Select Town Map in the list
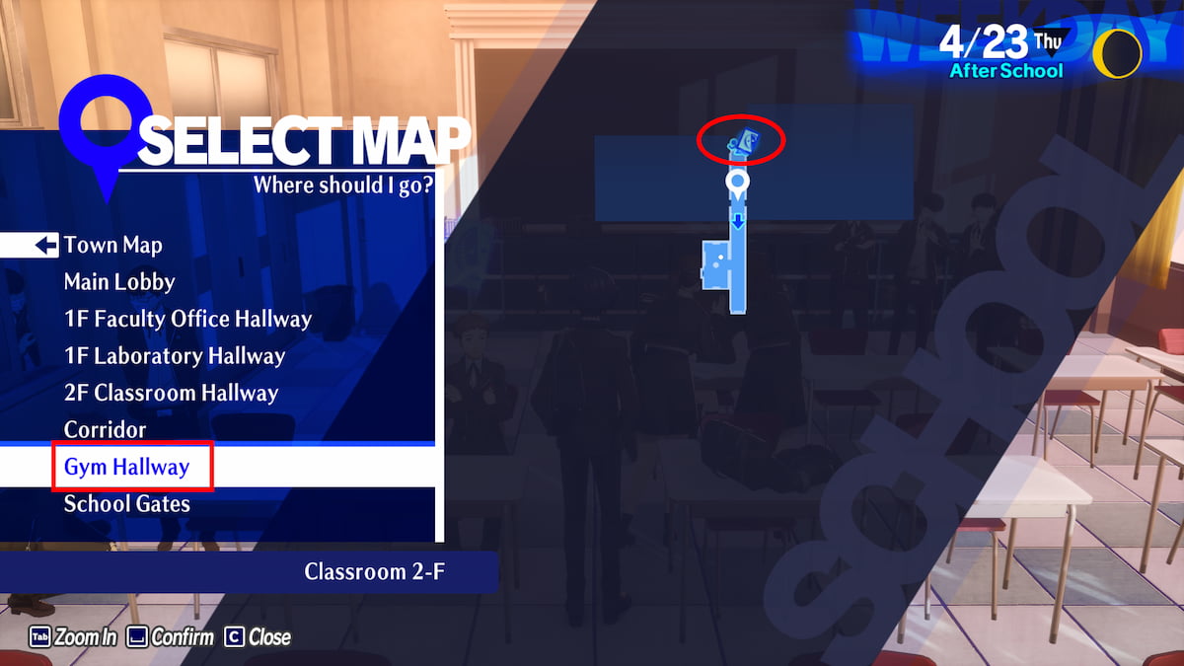[112, 246]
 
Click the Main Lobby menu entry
[119, 282]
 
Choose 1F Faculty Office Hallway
[187, 320]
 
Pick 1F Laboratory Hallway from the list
[175, 356]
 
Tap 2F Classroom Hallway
[171, 393]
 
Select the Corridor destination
[105, 430]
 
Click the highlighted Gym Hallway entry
[126, 467]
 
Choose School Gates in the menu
[126, 504]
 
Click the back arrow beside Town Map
[45, 246]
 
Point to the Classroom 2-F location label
[375, 572]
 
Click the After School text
[1005, 71]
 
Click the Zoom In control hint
[73, 637]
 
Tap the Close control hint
[258, 637]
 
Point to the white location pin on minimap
[737, 183]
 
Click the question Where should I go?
[342, 185]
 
